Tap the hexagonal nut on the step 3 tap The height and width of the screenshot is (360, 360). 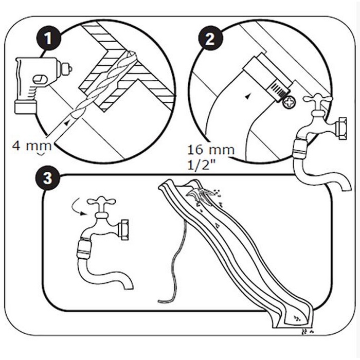pos(123,229)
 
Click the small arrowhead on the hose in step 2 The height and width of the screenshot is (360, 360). pos(248,96)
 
